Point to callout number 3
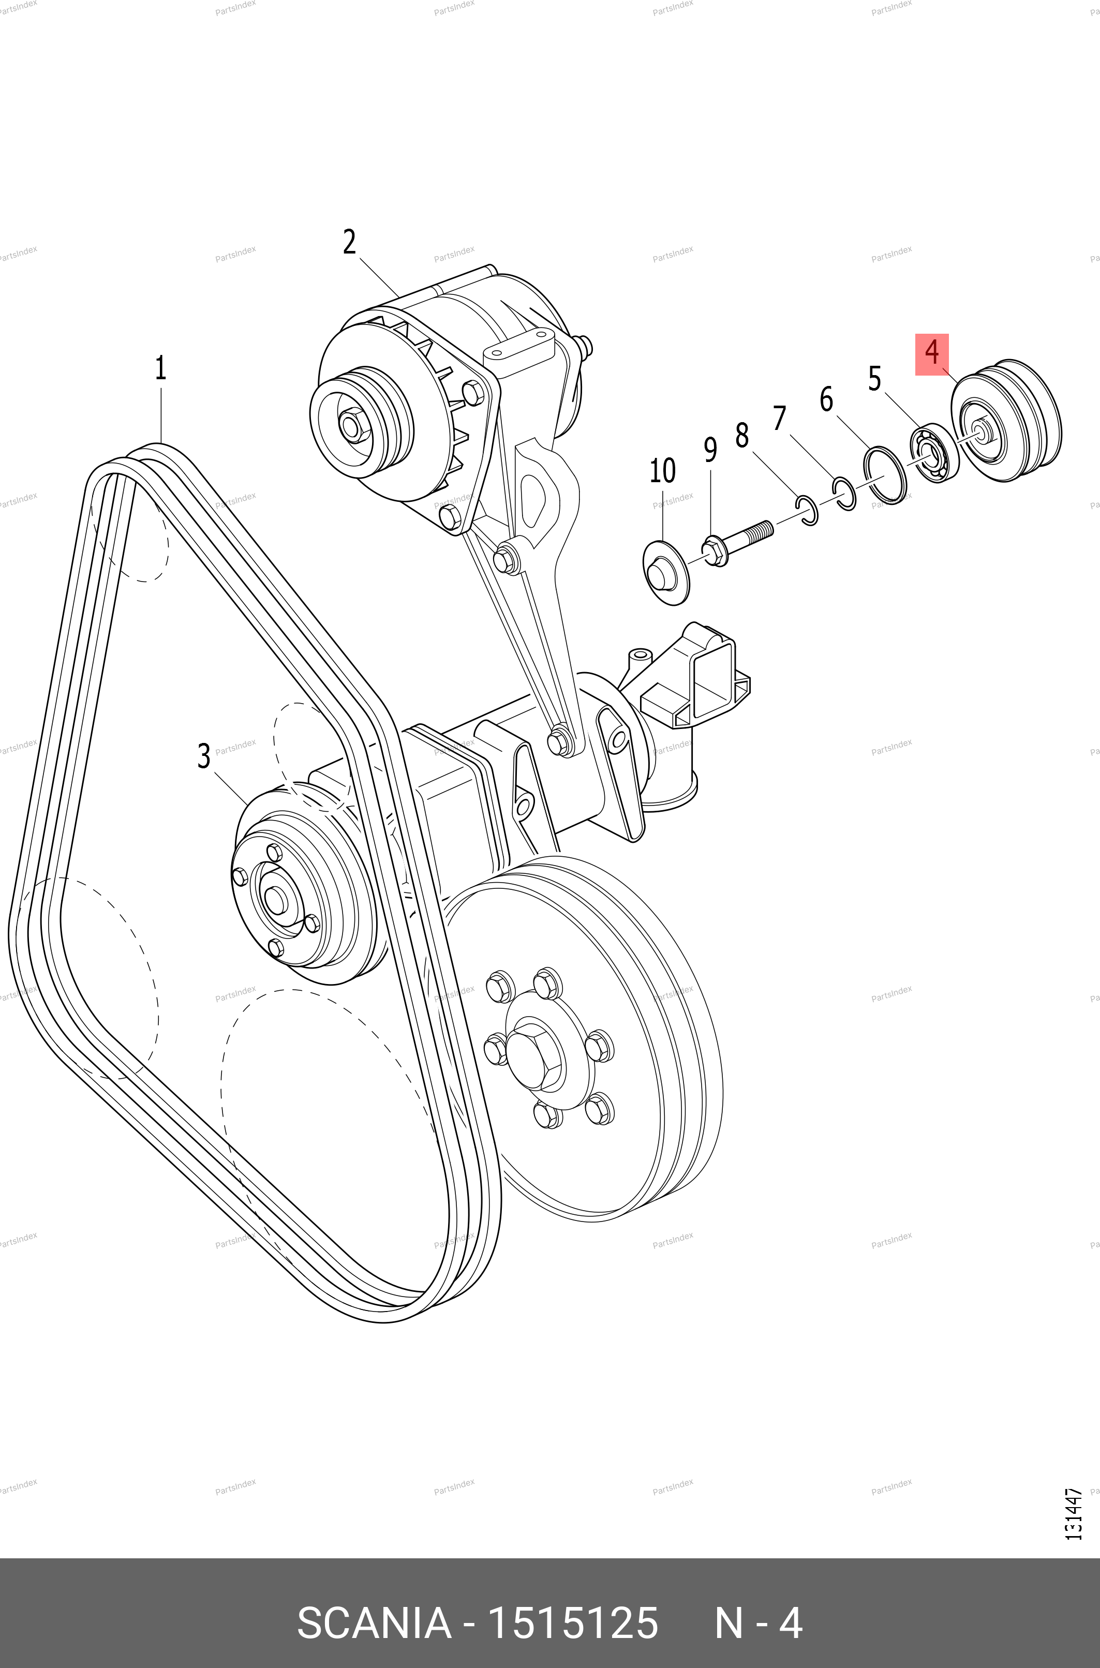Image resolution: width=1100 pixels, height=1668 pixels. click(203, 756)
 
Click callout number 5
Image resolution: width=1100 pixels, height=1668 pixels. click(874, 378)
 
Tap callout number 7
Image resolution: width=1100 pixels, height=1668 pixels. click(779, 418)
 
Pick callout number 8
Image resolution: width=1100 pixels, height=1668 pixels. click(741, 436)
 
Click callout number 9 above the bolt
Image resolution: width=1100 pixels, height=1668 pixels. click(710, 450)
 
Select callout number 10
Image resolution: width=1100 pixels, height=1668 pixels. click(662, 471)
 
